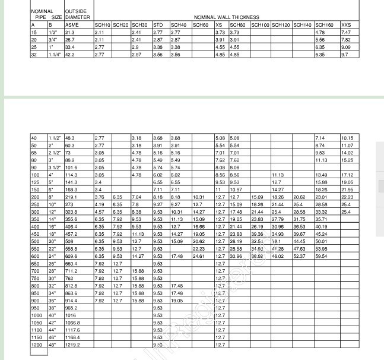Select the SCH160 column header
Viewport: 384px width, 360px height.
[x=323, y=25]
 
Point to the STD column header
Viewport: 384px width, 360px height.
[x=158, y=25]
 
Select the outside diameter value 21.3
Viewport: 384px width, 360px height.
[x=70, y=32]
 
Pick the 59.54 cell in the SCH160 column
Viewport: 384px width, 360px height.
[x=321, y=256]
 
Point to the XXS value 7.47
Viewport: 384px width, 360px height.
[x=346, y=32]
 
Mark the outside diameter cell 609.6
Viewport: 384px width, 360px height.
[x=71, y=256]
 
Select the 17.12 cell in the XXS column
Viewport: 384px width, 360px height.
[x=347, y=175]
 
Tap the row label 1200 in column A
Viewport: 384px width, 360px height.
[x=37, y=345]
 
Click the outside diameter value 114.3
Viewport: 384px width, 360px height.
[x=71, y=175]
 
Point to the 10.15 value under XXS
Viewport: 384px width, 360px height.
[x=347, y=138]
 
